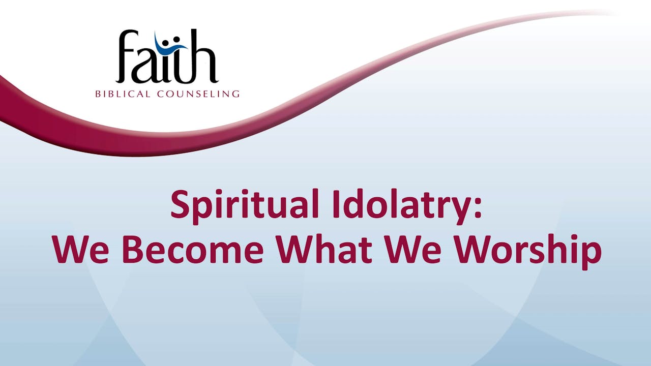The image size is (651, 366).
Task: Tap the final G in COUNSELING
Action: (235, 94)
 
